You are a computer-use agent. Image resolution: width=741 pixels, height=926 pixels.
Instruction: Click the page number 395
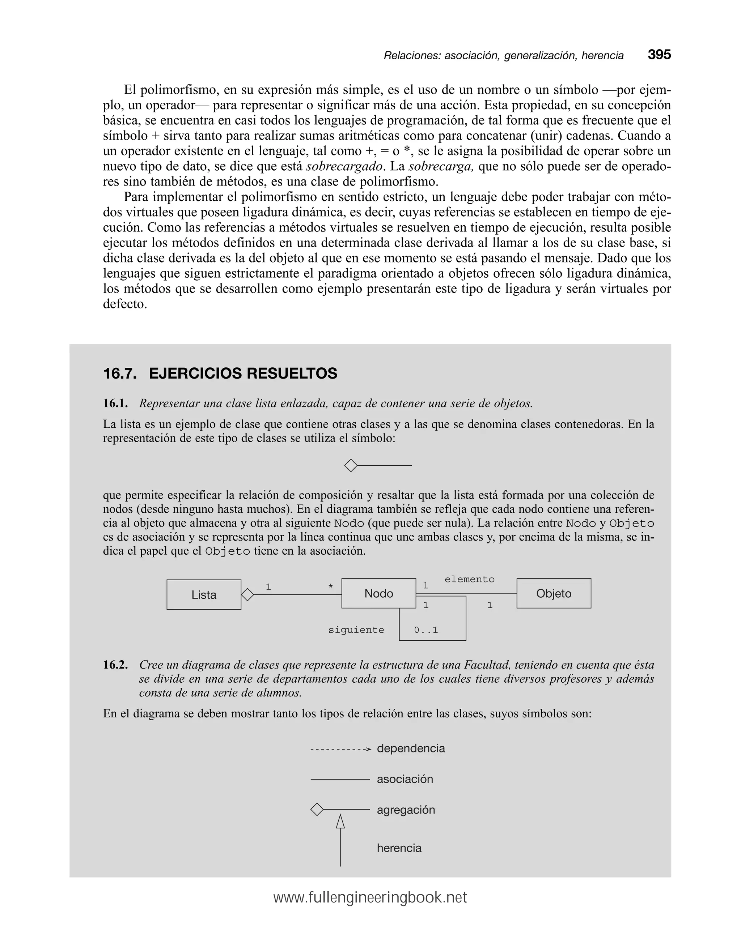click(x=659, y=55)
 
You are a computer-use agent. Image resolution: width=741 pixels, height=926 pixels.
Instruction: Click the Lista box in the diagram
click(x=204, y=594)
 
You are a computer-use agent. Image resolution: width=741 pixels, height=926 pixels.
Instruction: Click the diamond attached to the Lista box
click(x=247, y=595)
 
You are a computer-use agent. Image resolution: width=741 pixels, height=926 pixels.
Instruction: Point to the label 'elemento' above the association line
click(x=469, y=579)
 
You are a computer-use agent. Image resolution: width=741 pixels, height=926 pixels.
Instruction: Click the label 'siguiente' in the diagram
click(x=356, y=630)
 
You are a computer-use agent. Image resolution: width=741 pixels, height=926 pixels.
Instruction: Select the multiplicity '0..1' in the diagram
click(x=425, y=630)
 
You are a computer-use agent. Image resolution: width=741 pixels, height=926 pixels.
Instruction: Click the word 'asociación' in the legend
click(x=405, y=779)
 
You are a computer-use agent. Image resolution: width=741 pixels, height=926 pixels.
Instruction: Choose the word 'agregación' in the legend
click(x=406, y=810)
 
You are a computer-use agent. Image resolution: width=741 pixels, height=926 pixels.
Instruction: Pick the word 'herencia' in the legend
click(x=399, y=848)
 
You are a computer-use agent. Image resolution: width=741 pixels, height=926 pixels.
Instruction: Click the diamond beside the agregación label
click(x=317, y=810)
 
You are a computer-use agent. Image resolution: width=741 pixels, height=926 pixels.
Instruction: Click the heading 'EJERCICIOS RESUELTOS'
click(x=243, y=373)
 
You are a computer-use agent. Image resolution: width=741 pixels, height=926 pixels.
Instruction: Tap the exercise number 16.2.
click(x=115, y=665)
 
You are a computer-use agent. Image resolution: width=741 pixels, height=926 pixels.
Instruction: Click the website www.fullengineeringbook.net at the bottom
click(x=370, y=898)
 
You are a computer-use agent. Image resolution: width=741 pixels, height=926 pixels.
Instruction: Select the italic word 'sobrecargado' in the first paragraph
click(x=344, y=166)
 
